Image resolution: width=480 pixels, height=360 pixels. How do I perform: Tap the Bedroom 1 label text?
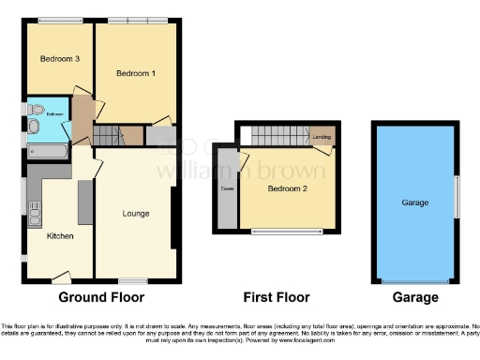[136, 73]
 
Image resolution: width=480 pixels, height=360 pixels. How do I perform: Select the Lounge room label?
[136, 214]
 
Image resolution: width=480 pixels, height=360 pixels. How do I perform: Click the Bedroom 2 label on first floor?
[288, 187]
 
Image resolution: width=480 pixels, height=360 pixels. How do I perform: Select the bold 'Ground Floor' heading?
[101, 298]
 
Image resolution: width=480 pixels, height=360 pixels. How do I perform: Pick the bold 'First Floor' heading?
[276, 298]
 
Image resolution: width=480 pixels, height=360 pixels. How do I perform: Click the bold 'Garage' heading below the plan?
[414, 298]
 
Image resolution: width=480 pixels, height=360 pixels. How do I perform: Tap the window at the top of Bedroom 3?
[58, 20]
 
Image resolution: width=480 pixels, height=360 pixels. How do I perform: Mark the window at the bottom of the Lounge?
[133, 280]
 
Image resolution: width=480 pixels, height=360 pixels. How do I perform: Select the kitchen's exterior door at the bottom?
[62, 277]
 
